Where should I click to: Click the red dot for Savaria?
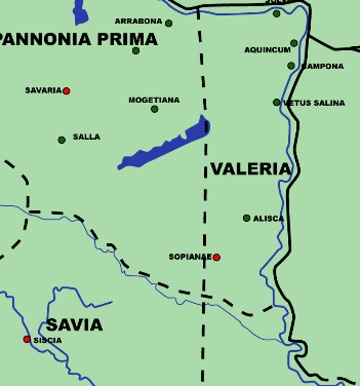[x=66, y=91]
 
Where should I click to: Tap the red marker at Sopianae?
[x=217, y=257]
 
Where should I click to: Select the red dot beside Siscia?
[x=27, y=339]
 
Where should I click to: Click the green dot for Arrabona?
[x=168, y=23]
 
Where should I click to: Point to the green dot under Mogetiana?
[x=154, y=109]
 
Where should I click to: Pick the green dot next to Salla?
[x=62, y=140]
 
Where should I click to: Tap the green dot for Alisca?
[x=247, y=218]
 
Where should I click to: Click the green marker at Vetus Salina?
[x=276, y=102]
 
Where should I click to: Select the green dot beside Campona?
[x=291, y=66]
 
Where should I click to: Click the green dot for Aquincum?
[x=294, y=43]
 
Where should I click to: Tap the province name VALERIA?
[x=251, y=169]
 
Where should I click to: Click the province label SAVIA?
[x=74, y=325]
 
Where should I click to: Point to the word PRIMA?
[x=127, y=39]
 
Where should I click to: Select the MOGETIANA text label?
[x=154, y=100]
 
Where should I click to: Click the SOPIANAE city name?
[x=190, y=257]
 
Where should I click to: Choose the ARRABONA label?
[x=139, y=21]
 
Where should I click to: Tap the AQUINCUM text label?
[x=267, y=50]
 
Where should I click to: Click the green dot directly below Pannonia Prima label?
[x=136, y=51]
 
